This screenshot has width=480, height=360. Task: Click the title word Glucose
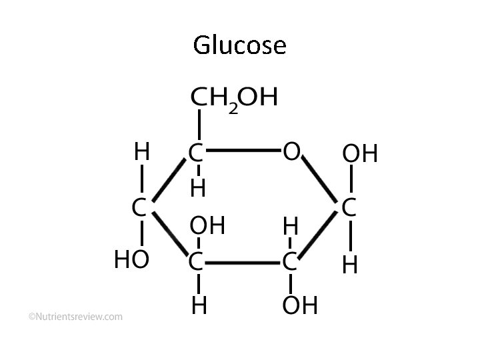point(239,45)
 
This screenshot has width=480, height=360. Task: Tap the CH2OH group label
point(233,99)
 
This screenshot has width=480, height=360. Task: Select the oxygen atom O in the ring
point(291,153)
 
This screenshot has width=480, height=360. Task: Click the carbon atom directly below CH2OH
point(196,153)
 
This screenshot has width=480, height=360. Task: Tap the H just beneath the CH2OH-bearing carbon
point(197,189)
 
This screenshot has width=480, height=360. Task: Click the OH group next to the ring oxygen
point(359,155)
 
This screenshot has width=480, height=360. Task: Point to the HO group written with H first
point(131,261)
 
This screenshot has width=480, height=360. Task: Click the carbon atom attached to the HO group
point(139,208)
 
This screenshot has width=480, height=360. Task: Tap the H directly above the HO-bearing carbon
point(141,153)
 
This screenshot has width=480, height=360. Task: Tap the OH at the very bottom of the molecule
point(299,306)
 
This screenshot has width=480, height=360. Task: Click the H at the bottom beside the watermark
point(198,305)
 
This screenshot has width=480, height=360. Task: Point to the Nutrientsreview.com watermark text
point(75,317)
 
